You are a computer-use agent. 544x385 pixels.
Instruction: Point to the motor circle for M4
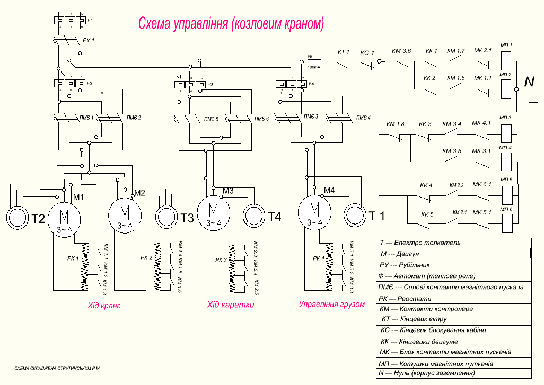point(315,213)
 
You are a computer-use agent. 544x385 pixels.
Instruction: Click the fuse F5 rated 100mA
point(313,62)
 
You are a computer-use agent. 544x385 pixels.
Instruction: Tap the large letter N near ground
point(529,82)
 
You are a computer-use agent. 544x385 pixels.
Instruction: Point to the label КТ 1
point(344,52)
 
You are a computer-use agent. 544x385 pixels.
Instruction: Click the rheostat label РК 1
point(74,258)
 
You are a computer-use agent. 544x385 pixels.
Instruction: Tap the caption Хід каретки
point(231,306)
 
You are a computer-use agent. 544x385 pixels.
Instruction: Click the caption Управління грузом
point(332,305)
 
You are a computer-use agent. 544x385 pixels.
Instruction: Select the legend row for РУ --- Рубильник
point(453,265)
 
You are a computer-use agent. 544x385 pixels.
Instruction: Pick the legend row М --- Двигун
point(453,254)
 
